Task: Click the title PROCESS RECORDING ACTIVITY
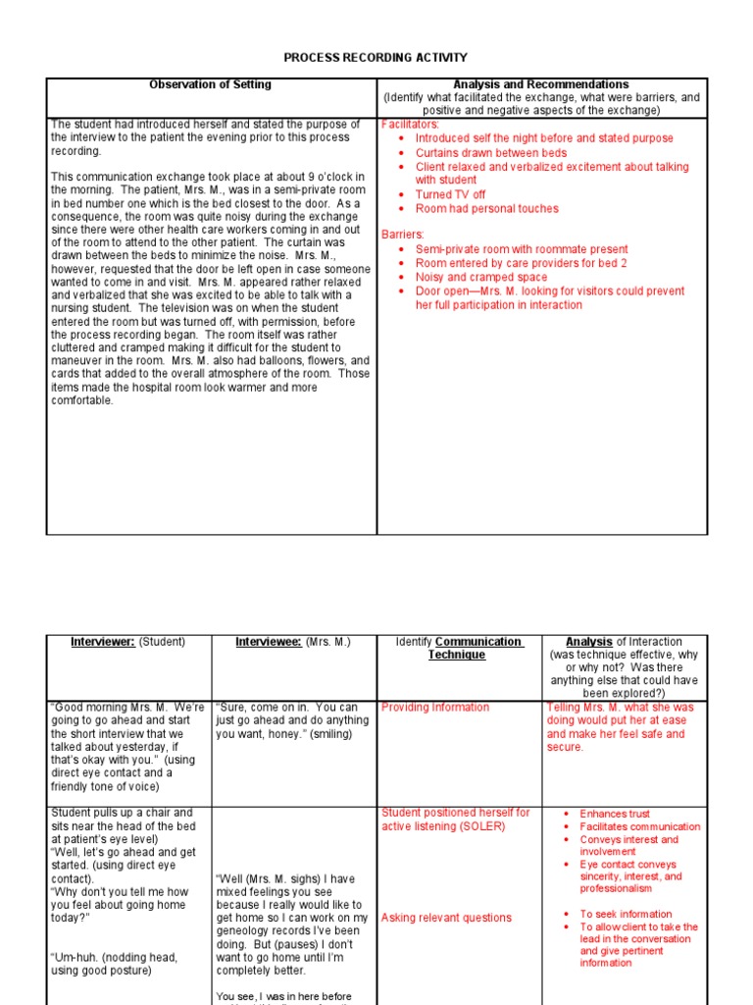(x=376, y=58)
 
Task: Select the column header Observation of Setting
(x=210, y=85)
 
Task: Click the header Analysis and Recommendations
(x=541, y=85)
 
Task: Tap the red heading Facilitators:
(x=410, y=126)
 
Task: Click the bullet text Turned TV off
(x=450, y=194)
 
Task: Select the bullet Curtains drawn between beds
(x=490, y=153)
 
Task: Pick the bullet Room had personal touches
(x=486, y=208)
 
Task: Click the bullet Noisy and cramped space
(x=481, y=278)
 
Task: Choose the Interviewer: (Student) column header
(x=127, y=642)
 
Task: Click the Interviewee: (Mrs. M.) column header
(x=292, y=642)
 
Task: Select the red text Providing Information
(x=435, y=708)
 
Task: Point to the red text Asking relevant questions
(x=446, y=919)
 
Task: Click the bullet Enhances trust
(x=615, y=815)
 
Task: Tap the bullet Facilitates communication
(x=640, y=827)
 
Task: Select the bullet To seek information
(x=626, y=914)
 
